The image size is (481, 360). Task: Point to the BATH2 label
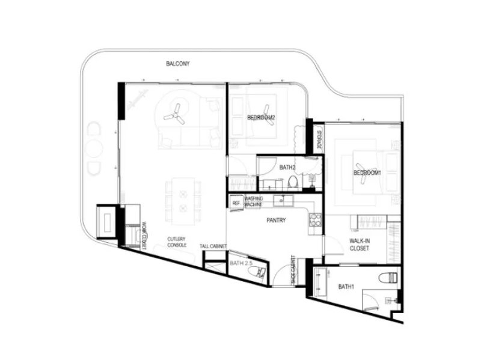pos(287,167)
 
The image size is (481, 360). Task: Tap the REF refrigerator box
pos(236,203)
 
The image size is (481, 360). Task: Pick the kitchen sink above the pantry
pos(281,200)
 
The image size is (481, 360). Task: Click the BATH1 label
pos(346,287)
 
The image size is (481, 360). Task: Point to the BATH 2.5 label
pos(240,263)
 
